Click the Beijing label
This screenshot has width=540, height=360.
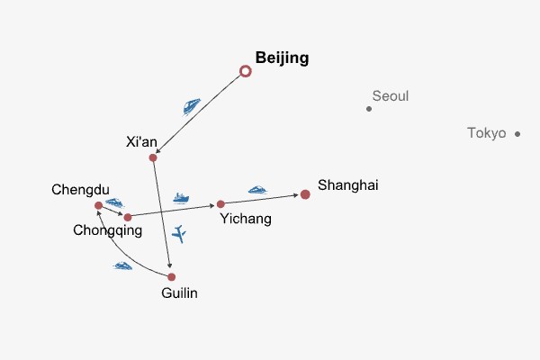coord(282,58)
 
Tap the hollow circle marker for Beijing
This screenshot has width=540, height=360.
coord(245,71)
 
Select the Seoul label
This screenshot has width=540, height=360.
coord(390,96)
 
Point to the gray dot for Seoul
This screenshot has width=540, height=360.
coord(369,109)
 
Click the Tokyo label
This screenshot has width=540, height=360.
coord(487,133)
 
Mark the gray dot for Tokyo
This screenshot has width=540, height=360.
coord(517,134)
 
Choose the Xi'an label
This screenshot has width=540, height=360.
coord(142,141)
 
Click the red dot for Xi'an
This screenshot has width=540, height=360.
coord(153,157)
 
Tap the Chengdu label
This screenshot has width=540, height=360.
coord(80,189)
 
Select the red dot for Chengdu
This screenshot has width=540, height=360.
coord(98,206)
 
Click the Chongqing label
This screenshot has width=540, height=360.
coord(107,230)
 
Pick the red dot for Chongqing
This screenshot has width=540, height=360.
coord(128,217)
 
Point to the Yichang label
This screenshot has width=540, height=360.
coord(245,218)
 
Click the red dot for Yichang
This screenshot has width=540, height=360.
coord(220,204)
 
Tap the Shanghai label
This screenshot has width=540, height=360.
coord(348,185)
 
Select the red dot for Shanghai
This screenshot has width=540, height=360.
coord(305,194)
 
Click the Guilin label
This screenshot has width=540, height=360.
coord(178,292)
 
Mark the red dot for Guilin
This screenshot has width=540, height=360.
coord(172,277)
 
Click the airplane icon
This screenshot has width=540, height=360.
coord(179,234)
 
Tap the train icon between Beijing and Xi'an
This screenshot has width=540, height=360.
coord(192,106)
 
